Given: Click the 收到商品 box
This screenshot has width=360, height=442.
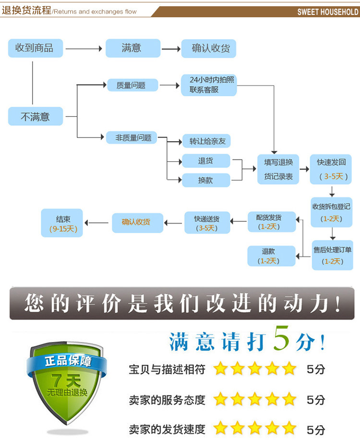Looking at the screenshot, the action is coord(36,48).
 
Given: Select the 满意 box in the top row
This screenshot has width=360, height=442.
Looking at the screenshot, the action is coord(133,48).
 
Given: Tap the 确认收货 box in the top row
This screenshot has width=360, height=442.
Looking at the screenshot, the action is coord(209,48).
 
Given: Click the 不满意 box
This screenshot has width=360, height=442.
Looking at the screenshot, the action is coord(36,116).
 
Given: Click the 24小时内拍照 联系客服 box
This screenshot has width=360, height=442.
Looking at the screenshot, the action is coord(209,85).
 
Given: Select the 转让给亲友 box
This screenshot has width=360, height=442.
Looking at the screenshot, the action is coord(206,141).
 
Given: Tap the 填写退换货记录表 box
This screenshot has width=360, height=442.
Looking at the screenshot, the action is coord(278,169).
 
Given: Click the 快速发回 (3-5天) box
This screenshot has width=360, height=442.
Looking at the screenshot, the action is coord(331,169).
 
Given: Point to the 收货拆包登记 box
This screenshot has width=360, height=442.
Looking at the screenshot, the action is coord(332,212).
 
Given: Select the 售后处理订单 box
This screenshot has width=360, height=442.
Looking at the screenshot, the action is coord(332,255).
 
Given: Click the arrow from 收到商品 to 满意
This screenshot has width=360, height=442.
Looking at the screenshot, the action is coord(84,48).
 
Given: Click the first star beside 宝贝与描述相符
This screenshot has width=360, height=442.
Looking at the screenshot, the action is coord(220,369).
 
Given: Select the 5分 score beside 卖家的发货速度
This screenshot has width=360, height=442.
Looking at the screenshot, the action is coord(316,429).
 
